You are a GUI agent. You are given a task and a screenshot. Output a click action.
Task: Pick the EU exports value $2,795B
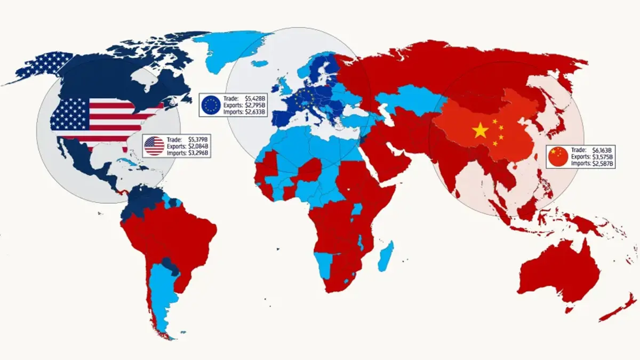[x=255, y=106]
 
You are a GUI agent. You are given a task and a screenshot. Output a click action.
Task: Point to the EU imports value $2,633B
[x=255, y=113]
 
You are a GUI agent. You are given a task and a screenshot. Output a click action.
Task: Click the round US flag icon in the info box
[x=154, y=146]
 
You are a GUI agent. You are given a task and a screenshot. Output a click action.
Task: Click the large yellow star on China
[x=481, y=130]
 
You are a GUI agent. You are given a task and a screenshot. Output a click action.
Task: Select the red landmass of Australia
[x=557, y=277]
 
